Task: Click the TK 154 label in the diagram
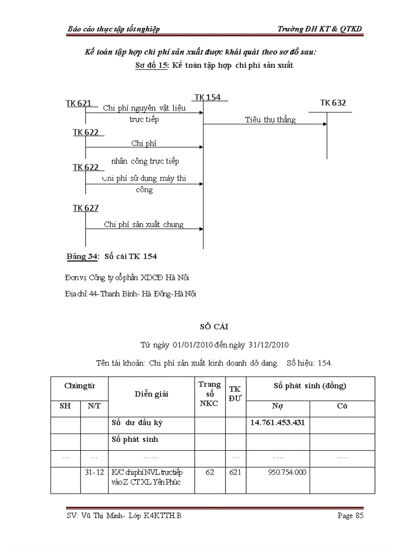[207, 97]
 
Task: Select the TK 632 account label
[333, 103]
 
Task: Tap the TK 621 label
[79, 103]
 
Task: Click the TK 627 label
[86, 208]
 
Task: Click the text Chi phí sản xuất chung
[143, 225]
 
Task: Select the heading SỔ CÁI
[214, 326]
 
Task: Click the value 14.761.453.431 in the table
[278, 422]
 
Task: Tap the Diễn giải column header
[151, 394]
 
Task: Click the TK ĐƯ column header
[235, 394]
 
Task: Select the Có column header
[342, 406]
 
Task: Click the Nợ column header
[278, 406]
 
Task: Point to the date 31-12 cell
[94, 472]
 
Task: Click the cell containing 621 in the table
[235, 472]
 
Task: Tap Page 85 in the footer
[350, 516]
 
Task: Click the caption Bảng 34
[83, 257]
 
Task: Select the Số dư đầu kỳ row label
[137, 423]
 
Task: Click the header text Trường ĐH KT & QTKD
[319, 29]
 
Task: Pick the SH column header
[65, 406]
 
